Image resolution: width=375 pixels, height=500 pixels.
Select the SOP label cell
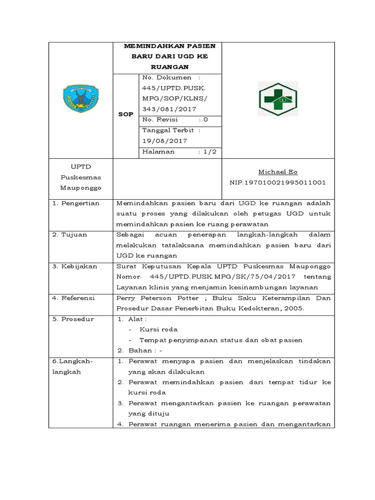(x=126, y=115)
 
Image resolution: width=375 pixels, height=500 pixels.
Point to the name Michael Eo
(x=278, y=172)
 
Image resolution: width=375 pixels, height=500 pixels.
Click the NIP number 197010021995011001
(x=278, y=182)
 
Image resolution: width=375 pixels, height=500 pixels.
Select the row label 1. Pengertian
(x=76, y=203)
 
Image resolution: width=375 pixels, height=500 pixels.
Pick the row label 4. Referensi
(x=74, y=298)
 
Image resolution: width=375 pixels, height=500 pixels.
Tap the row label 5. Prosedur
(x=73, y=319)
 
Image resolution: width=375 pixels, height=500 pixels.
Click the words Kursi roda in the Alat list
(x=154, y=330)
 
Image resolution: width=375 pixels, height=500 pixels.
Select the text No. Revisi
(x=160, y=119)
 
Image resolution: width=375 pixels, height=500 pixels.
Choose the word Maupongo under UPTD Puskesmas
(x=80, y=187)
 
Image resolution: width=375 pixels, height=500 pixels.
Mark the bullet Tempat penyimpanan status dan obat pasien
(x=221, y=340)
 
